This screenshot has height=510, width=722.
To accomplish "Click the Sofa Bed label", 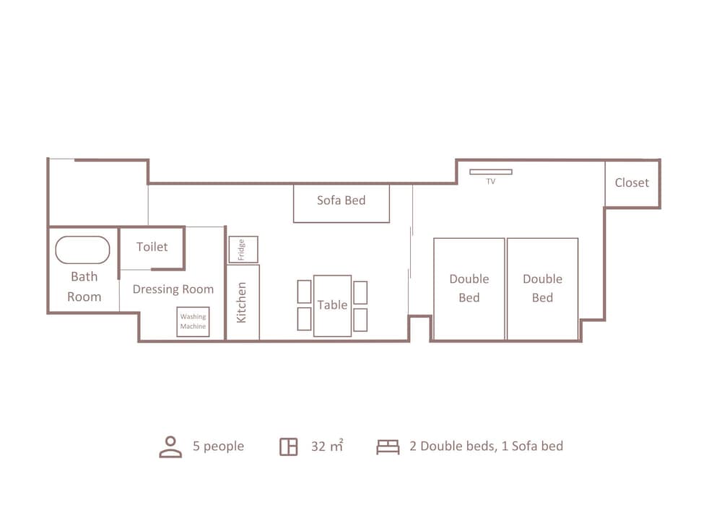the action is [342, 200].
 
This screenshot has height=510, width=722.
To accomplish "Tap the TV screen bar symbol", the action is [491, 172].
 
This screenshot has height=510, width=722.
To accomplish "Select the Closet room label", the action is [632, 183].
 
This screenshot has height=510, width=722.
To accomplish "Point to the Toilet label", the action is [152, 247].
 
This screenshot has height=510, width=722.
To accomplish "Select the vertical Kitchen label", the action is [241, 302].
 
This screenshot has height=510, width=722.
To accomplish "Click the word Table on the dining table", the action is [332, 305].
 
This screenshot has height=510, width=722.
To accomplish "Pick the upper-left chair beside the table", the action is [305, 291].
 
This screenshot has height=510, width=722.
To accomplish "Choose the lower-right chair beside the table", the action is [360, 320].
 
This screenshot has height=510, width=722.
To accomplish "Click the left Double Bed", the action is [469, 289].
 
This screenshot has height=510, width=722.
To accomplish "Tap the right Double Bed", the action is [542, 289].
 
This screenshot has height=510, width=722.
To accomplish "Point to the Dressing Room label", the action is [173, 289].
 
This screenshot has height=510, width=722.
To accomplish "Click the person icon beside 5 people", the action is [170, 447].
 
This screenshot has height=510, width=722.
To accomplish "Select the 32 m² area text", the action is [327, 446].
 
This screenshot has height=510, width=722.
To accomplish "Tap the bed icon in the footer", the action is [388, 447].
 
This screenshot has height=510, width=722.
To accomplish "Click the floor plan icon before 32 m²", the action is [289, 447].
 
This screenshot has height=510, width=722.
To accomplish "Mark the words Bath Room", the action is [84, 286].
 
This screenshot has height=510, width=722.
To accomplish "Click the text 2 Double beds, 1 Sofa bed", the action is [486, 446].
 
